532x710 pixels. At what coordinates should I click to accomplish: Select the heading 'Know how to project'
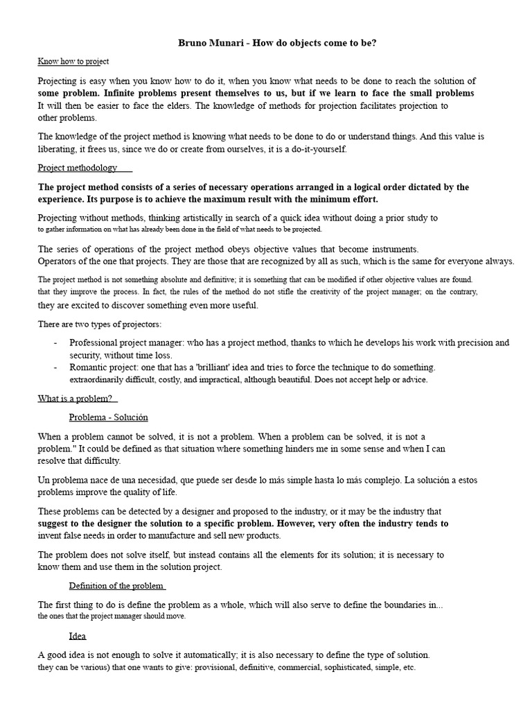[73, 62]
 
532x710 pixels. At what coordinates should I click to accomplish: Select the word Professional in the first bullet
[96, 343]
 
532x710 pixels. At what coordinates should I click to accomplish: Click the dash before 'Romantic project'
[55, 367]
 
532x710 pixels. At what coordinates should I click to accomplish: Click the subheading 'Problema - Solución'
[108, 417]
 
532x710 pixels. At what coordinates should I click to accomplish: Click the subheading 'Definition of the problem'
[116, 586]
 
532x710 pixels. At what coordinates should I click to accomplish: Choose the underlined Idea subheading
[78, 636]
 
